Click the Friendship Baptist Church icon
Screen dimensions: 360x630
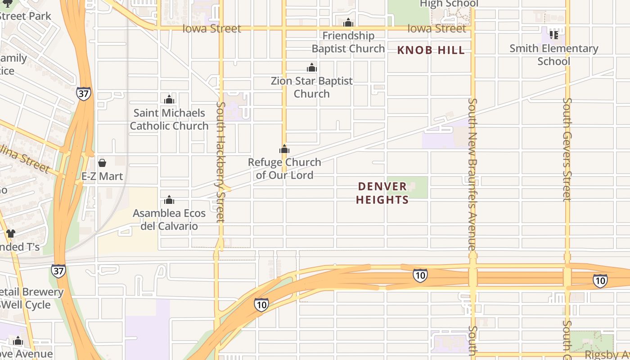[x=348, y=23]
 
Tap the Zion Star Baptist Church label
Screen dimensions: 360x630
[x=312, y=87]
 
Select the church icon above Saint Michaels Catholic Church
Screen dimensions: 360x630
[x=169, y=99]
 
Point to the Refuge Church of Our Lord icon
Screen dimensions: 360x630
[x=284, y=149]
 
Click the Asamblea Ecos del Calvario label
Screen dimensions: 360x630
[x=169, y=219]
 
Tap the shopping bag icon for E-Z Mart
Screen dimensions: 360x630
[x=102, y=163]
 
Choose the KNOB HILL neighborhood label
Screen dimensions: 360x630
[x=431, y=50]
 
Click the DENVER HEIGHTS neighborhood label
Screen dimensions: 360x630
[x=382, y=193]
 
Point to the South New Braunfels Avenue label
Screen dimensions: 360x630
[x=472, y=175]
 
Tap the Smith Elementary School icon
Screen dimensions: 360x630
[x=553, y=35]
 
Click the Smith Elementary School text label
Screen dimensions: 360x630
[x=554, y=55]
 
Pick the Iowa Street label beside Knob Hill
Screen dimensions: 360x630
[x=436, y=29]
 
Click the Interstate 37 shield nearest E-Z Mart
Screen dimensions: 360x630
[x=84, y=94]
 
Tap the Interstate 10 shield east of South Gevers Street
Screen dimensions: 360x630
[x=600, y=281]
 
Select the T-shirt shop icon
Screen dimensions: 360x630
[x=11, y=234]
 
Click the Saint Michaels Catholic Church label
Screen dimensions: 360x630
[x=169, y=119]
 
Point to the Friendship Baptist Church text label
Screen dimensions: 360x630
[x=348, y=42]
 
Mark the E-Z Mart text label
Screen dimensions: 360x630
[x=102, y=176]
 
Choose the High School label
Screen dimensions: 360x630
[x=449, y=4]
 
